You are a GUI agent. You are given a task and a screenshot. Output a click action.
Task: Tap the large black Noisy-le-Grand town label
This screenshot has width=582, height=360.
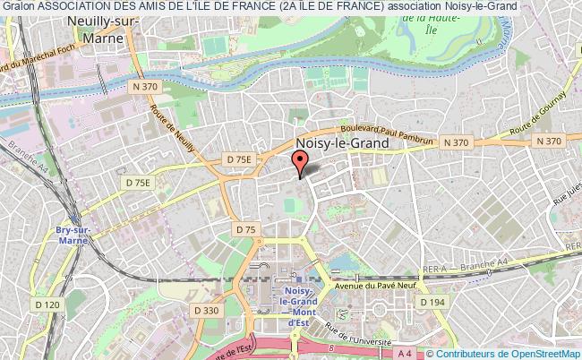(343, 143)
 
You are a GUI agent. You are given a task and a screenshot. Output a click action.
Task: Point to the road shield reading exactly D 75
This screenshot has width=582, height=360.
(246, 230)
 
